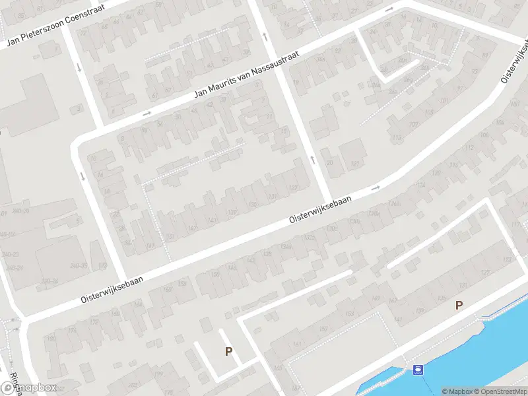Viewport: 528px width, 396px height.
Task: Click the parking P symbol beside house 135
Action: coord(459,305)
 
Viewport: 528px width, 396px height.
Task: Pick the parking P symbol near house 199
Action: coord(228,351)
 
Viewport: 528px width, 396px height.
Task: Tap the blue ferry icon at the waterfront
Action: coord(417,369)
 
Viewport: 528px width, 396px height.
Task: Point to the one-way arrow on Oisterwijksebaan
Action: coord(376,188)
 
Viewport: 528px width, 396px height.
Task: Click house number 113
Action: coord(396,137)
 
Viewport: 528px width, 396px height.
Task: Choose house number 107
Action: coord(414,125)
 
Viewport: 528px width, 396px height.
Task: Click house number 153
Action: coord(349,313)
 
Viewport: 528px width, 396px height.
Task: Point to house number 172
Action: coord(94,322)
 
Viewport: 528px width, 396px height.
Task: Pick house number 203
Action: coord(133,385)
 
